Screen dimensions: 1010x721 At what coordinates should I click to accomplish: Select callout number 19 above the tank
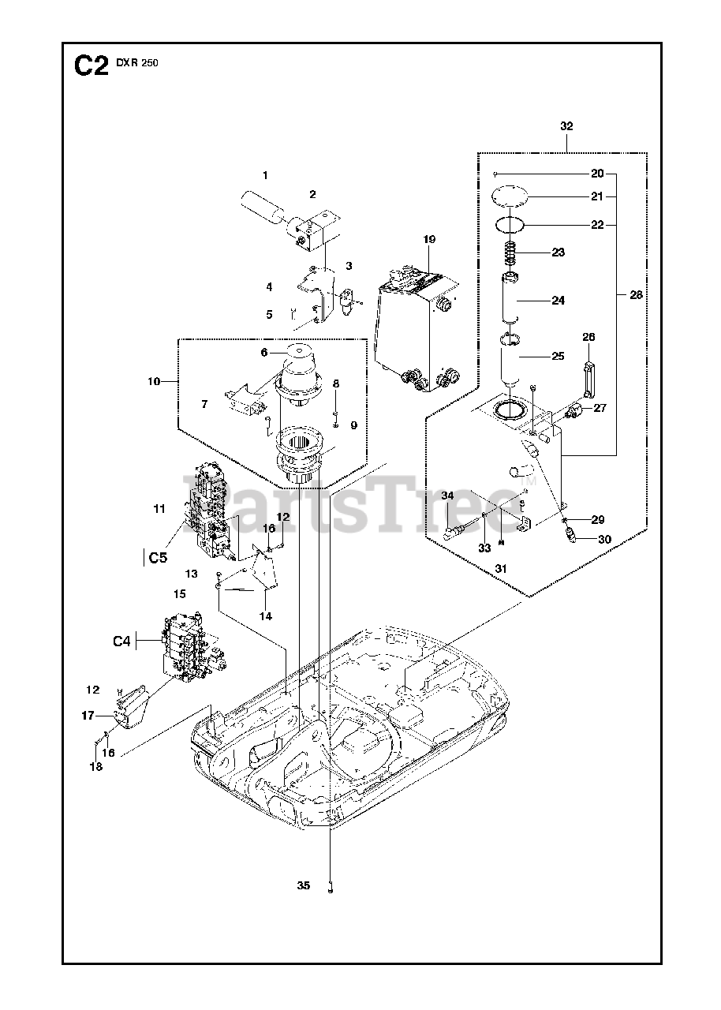(x=428, y=239)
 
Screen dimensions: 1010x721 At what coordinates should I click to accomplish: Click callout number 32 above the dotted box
(x=566, y=126)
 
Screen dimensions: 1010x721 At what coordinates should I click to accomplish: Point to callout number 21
(x=597, y=196)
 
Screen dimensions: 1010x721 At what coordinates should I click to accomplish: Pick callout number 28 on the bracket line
(x=636, y=294)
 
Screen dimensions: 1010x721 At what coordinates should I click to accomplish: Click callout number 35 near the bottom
(x=304, y=886)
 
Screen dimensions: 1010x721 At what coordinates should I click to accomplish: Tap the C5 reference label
(x=157, y=558)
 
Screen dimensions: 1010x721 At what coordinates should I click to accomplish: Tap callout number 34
(x=447, y=496)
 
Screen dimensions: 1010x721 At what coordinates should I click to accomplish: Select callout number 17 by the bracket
(x=87, y=716)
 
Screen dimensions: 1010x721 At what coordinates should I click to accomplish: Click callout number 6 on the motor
(x=266, y=353)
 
